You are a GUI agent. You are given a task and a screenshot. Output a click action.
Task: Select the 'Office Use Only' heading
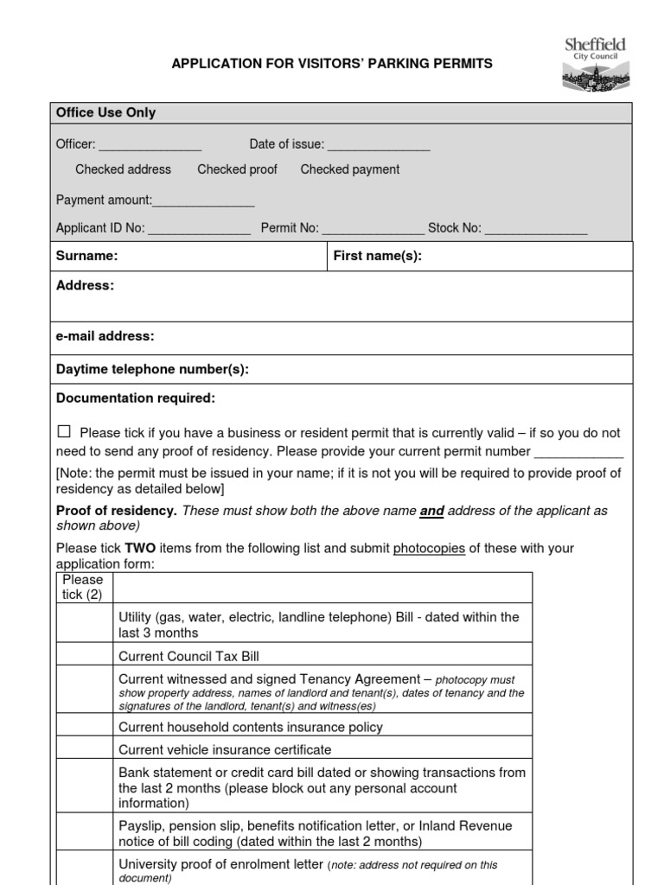[x=105, y=113]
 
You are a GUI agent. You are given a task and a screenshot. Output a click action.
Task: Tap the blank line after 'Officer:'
[x=150, y=145]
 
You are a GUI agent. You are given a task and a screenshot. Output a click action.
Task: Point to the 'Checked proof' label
[x=237, y=169]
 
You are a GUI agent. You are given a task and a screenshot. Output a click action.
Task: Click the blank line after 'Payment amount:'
[x=203, y=201]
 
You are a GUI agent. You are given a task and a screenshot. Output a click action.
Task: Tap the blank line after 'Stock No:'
[x=535, y=230]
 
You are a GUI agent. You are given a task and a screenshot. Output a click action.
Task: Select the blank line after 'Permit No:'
[x=373, y=230]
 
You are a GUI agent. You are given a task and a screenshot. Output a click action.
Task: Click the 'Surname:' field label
[x=86, y=256]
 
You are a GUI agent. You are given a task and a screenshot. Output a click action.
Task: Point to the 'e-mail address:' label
[x=105, y=336]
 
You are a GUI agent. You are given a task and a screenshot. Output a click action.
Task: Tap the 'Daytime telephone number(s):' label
[x=152, y=369]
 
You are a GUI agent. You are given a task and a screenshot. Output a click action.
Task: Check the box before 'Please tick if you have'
[x=64, y=431]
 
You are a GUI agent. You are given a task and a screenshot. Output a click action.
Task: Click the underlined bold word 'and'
[x=431, y=511]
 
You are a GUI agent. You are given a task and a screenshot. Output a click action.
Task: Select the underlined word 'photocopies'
[x=429, y=548]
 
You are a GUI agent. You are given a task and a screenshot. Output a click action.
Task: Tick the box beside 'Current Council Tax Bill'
[x=84, y=656]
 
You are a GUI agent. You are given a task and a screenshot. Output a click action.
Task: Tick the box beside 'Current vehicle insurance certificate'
[x=84, y=749]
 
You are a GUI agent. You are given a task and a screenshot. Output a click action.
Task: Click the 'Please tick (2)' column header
[x=83, y=587]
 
